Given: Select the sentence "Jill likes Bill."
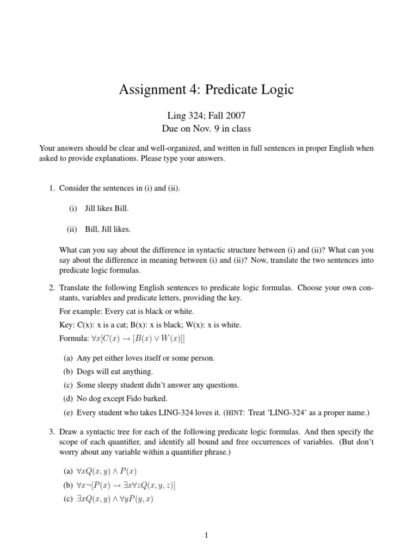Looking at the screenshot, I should pos(107,208).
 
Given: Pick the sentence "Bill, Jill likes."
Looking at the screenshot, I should pos(108,229).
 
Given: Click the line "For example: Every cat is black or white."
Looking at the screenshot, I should pos(126,311).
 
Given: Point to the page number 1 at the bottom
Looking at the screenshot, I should pos(206,535).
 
